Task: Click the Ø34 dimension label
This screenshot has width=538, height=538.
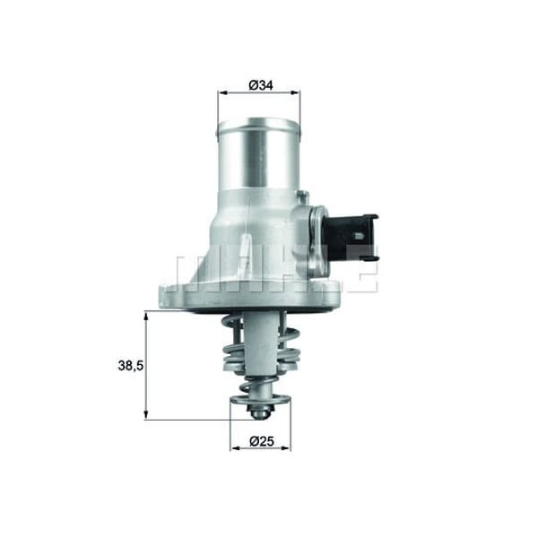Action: [x=260, y=85]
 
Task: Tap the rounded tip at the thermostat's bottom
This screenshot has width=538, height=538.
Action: [x=259, y=413]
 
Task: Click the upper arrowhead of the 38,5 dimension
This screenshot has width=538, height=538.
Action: [x=145, y=316]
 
